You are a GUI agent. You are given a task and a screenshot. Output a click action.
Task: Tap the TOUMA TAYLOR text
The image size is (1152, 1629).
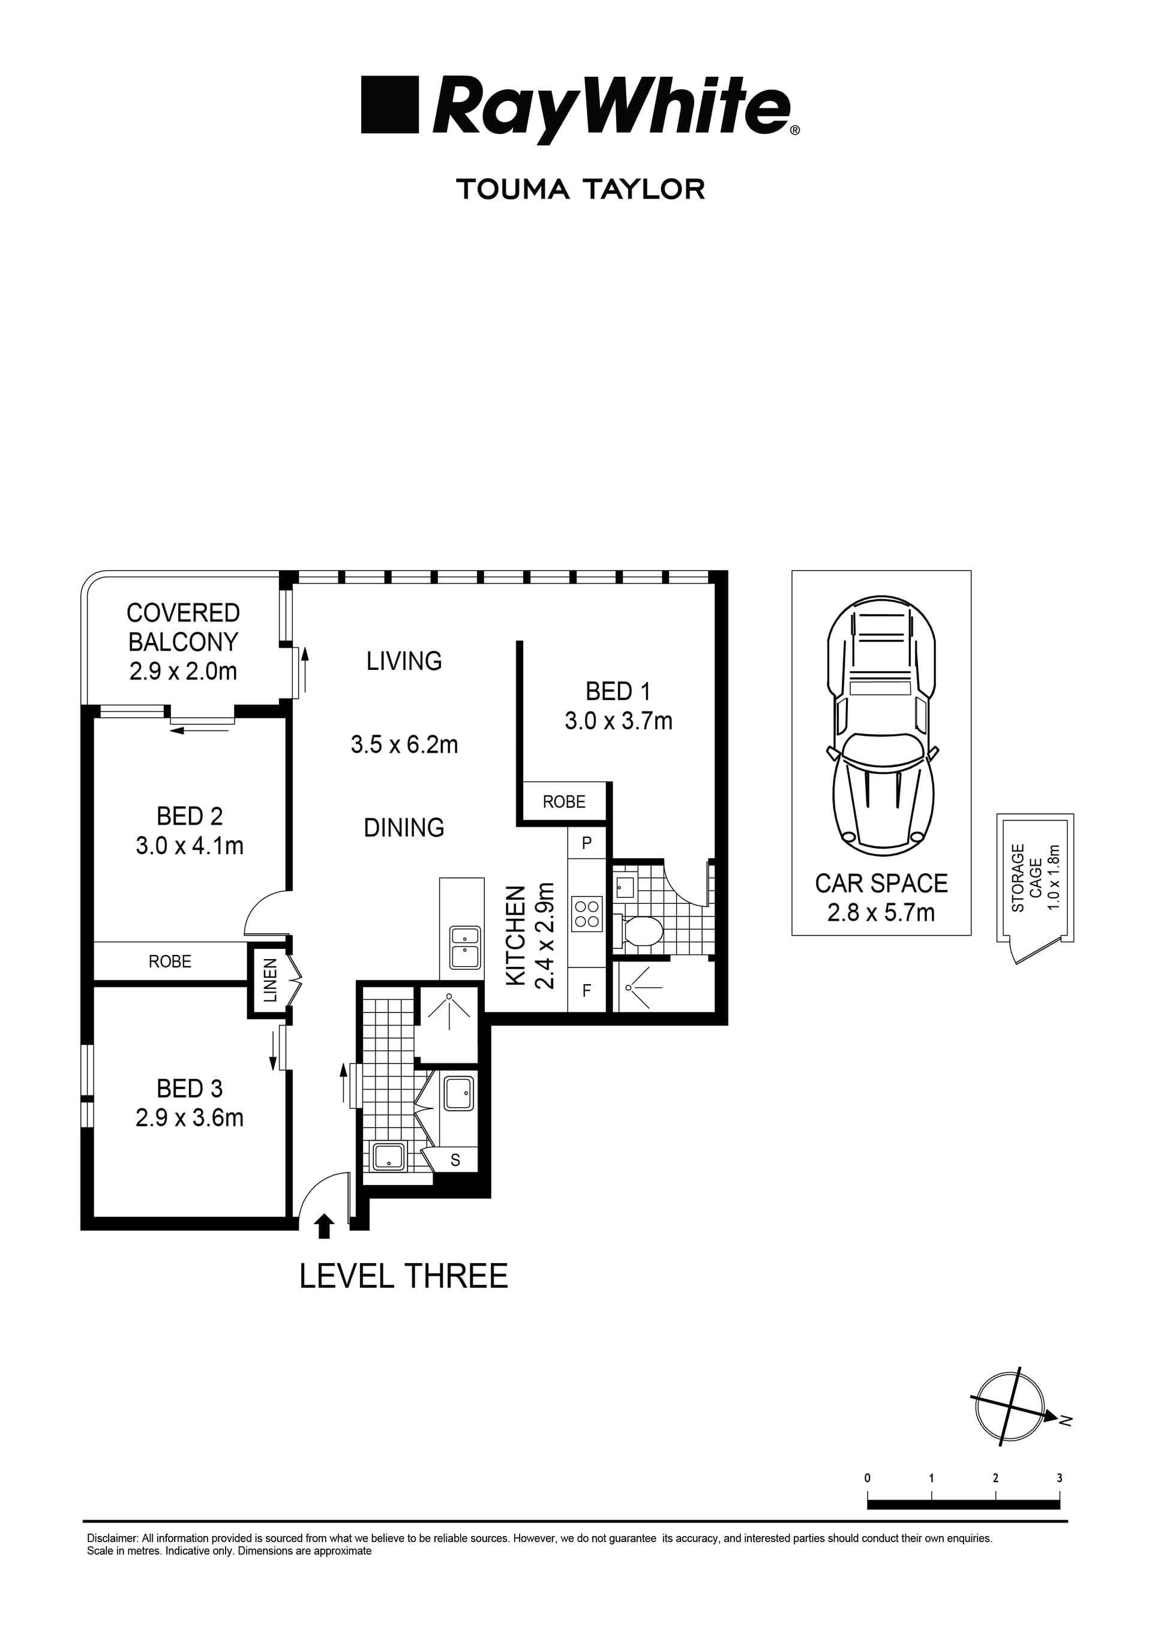581,190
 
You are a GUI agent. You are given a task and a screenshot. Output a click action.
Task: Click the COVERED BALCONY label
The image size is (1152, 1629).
183,627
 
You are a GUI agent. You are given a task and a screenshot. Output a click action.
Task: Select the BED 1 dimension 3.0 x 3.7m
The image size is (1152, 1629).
618,721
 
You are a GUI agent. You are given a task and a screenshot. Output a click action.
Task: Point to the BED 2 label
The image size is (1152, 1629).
190,816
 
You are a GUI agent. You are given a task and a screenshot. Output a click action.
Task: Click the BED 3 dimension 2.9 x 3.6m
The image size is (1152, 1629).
190,1117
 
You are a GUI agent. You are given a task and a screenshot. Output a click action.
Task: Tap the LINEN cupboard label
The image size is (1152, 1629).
271,980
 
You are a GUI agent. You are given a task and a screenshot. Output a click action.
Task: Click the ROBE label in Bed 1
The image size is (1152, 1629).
563,802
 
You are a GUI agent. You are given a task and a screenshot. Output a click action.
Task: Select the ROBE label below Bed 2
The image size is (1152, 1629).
170,961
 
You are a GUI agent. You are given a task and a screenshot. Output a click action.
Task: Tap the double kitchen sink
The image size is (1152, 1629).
464,947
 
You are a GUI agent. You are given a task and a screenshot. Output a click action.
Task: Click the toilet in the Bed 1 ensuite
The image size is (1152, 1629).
643,930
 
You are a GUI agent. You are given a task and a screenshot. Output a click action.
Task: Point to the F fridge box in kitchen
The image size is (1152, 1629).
586,990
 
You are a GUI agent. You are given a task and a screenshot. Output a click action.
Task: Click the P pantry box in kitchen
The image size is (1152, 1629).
586,843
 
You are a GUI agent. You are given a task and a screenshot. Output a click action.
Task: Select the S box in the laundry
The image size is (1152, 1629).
455,1159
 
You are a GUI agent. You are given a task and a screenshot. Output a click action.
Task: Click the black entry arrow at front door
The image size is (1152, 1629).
325,1226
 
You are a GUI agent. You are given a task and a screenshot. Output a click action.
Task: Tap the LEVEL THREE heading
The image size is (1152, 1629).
403,1276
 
